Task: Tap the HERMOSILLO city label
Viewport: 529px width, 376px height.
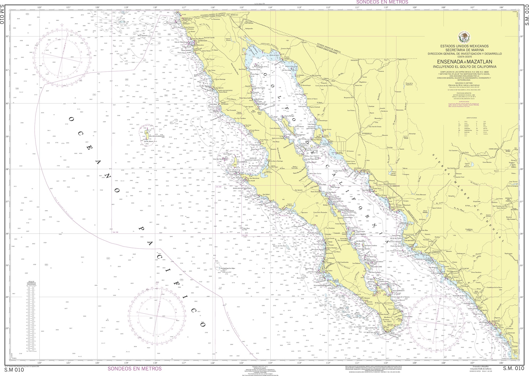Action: click(x=367, y=133)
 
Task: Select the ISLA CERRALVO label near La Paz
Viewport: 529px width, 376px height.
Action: click(x=398, y=290)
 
